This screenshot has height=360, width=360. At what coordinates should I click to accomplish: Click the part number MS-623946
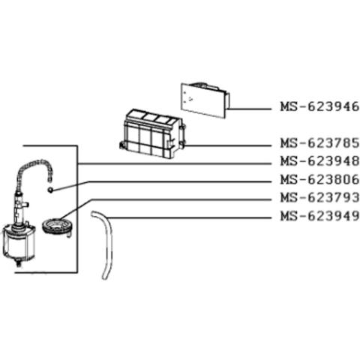point(319,106)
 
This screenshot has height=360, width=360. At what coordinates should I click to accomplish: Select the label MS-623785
point(319,143)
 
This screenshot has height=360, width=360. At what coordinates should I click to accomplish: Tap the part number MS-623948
point(319,161)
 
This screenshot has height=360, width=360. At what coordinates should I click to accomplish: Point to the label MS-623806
point(319,179)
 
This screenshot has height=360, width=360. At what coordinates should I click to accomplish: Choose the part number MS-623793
point(319,198)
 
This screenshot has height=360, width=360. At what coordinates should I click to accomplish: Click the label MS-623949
point(319,216)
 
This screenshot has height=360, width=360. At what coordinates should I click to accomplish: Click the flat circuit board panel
point(203,100)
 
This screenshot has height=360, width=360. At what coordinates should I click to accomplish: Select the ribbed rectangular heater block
point(152,133)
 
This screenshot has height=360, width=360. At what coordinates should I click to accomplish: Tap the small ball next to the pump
point(51,190)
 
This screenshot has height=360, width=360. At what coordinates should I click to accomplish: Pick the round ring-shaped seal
point(57,226)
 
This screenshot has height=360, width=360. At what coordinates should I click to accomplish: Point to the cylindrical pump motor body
point(18,242)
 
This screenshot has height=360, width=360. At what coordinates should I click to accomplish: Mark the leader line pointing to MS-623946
point(250,109)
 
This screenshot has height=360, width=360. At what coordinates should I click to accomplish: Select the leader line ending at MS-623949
point(189,218)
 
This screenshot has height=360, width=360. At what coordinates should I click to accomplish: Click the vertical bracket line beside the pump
point(77,209)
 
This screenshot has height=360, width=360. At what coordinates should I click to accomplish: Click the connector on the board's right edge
point(227,100)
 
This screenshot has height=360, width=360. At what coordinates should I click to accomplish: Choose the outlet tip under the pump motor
point(18,264)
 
